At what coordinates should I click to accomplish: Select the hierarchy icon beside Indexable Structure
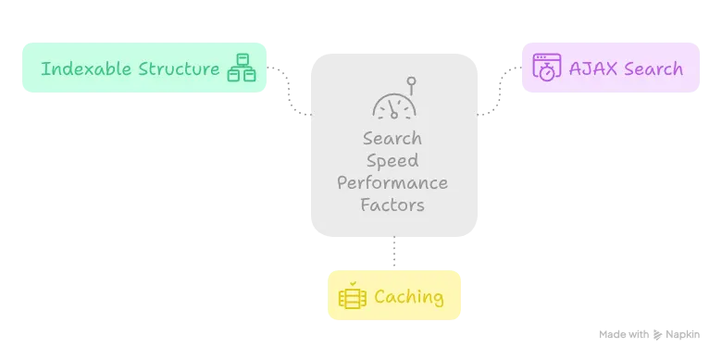coord(242,68)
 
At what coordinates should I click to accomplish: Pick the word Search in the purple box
coord(653,68)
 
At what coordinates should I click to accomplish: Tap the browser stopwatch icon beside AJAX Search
coord(547,68)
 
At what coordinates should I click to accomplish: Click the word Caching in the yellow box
coord(408,297)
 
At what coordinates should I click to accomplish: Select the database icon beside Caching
coord(353,297)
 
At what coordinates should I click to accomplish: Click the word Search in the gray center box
coord(392,139)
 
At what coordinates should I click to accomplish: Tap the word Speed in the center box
coord(392,160)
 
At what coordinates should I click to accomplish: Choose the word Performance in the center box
coord(392,182)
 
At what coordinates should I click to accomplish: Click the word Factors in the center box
coord(392,204)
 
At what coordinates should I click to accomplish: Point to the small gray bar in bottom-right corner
coord(651,332)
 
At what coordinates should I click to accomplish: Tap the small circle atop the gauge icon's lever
coord(412,81)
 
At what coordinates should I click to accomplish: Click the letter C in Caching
coord(380,297)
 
